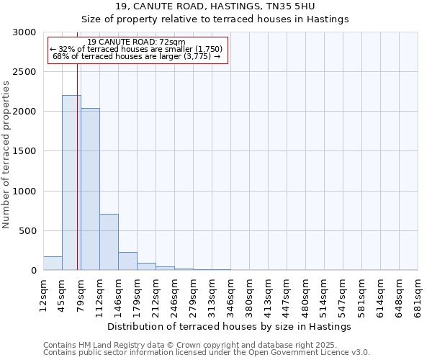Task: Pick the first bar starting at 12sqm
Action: (53, 264)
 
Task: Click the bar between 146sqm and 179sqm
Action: (127, 261)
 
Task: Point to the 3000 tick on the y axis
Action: (26, 32)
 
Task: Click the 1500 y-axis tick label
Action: (26, 151)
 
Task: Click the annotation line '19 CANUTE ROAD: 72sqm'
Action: (137, 42)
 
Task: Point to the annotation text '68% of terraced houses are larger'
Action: (137, 56)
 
